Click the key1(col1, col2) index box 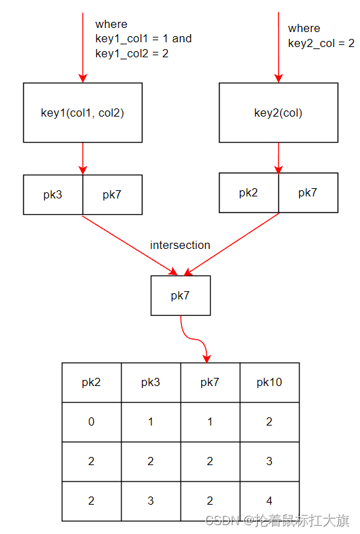(x=82, y=113)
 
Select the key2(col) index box (x=279, y=113)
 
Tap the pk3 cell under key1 (x=53, y=195)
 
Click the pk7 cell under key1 (x=112, y=195)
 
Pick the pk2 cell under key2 (x=249, y=193)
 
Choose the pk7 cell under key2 (x=308, y=193)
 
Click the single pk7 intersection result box (x=181, y=295)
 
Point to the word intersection (x=180, y=245)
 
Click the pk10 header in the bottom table (x=270, y=383)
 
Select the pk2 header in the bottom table (x=91, y=383)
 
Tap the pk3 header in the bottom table (x=151, y=383)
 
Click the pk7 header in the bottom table (x=211, y=383)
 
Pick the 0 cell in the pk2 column (x=91, y=422)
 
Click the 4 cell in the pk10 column (x=270, y=501)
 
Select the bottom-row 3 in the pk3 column (x=151, y=501)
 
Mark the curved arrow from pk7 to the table (x=194, y=339)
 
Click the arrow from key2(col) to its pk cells (x=279, y=158)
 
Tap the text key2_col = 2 (x=321, y=43)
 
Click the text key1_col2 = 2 (x=132, y=53)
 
